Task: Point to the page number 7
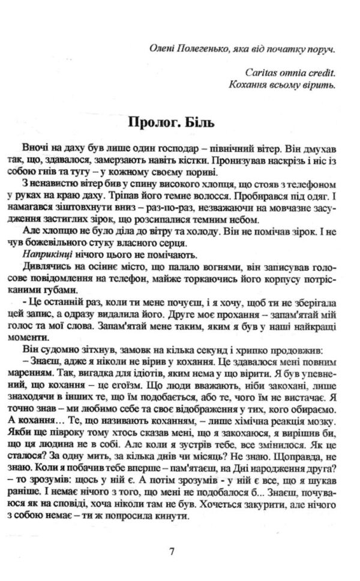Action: (x=172, y=551)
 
